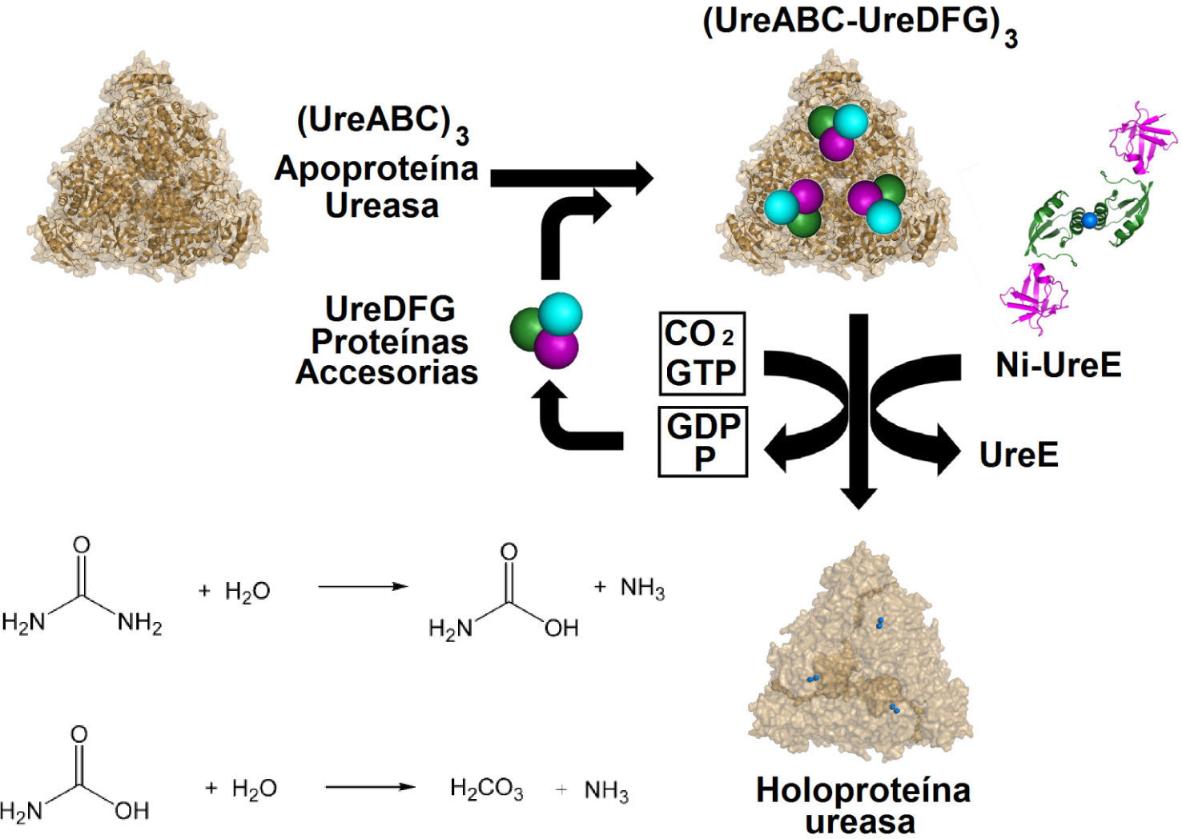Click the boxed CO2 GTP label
coord(702,353)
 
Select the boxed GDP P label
coord(702,442)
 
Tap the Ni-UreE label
coord(1058,365)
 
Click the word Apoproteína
coord(376,168)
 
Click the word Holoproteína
coord(863,790)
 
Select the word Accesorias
coord(387,372)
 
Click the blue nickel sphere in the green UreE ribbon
coord(1089,219)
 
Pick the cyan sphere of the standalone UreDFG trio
coord(560,313)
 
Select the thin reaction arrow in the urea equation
coord(363,587)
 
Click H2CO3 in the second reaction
coord(486,789)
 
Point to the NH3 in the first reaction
coord(642,588)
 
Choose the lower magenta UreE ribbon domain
coord(1033,296)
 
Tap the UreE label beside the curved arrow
coord(1019,455)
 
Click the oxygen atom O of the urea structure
coord(81,545)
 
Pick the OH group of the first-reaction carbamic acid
coord(561,628)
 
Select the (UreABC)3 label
coord(382,122)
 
